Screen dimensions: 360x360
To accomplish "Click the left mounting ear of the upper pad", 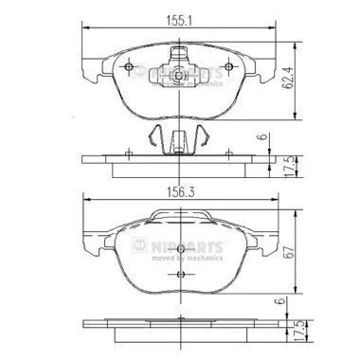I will pos(91,68).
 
